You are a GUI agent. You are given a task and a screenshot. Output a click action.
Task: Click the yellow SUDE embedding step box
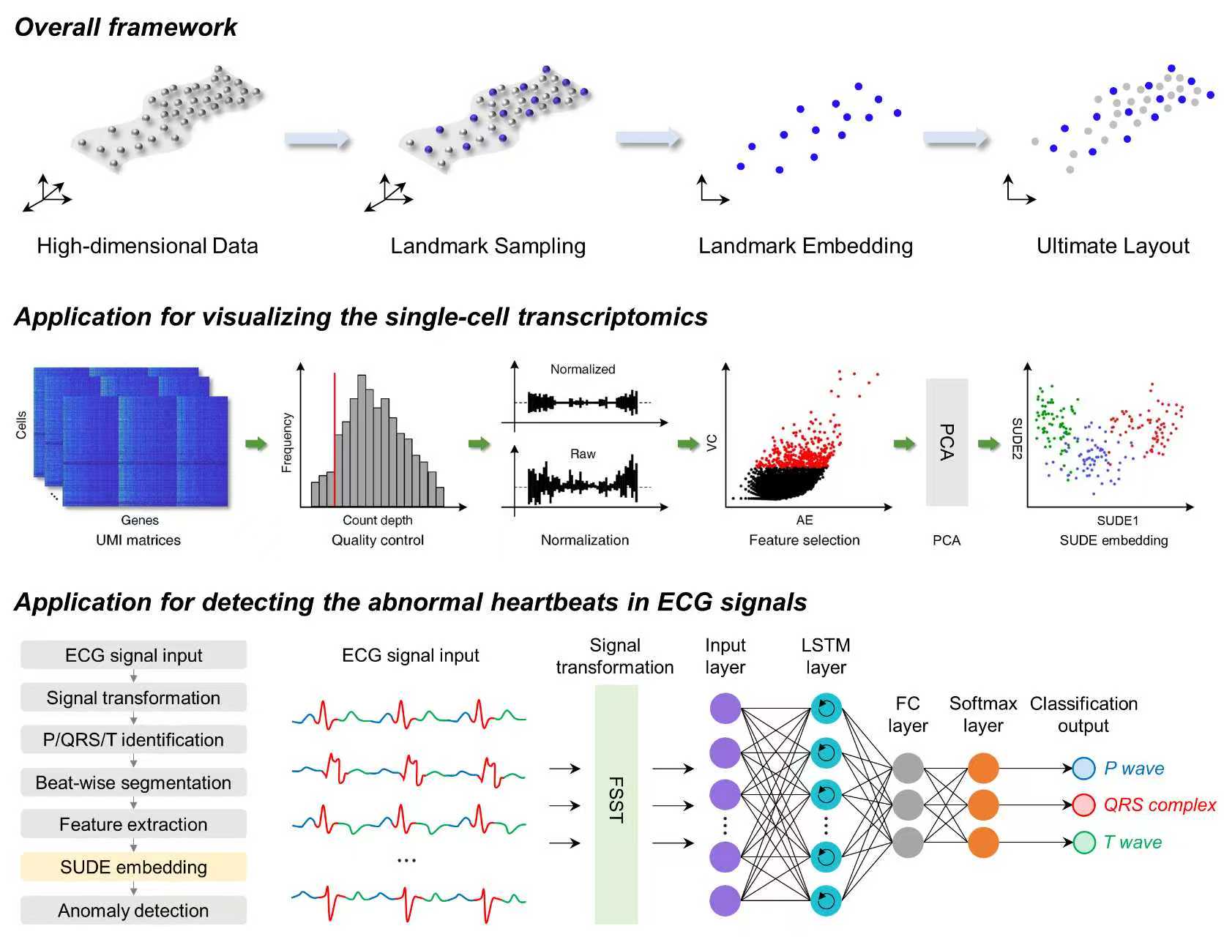pos(133,867)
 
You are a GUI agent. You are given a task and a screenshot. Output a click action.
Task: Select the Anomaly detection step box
pos(133,911)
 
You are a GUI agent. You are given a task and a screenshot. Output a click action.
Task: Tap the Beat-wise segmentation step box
pos(133,783)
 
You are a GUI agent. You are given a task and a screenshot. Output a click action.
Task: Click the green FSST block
pos(616,804)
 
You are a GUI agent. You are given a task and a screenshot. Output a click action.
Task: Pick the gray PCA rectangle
pos(947,442)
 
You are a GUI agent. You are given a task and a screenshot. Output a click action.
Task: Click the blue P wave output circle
pos(1083,769)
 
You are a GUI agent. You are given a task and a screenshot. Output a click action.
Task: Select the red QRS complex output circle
pos(1083,805)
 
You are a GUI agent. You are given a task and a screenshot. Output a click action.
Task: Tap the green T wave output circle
pos(1083,843)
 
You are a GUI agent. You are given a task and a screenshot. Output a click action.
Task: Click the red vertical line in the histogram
pos(335,439)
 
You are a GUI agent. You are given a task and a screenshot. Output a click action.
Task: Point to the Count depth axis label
pos(377,520)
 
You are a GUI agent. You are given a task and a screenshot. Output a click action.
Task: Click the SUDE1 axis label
pos(1117,521)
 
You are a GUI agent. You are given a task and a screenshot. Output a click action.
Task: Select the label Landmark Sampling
pos(488,246)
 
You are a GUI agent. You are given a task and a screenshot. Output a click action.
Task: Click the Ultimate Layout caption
pos(1113,246)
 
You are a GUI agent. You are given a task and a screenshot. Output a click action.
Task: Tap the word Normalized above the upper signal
pos(583,370)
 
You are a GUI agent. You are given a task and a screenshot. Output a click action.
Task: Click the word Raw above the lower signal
pos(583,455)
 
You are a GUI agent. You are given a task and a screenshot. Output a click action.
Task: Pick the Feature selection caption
pos(804,540)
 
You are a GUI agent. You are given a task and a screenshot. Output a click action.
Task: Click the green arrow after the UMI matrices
pos(255,444)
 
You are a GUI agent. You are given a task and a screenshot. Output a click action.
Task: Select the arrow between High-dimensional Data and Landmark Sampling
pos(317,139)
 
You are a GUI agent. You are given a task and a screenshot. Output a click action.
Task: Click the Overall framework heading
pos(126,27)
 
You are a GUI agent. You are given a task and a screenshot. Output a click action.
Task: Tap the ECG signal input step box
pos(133,655)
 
